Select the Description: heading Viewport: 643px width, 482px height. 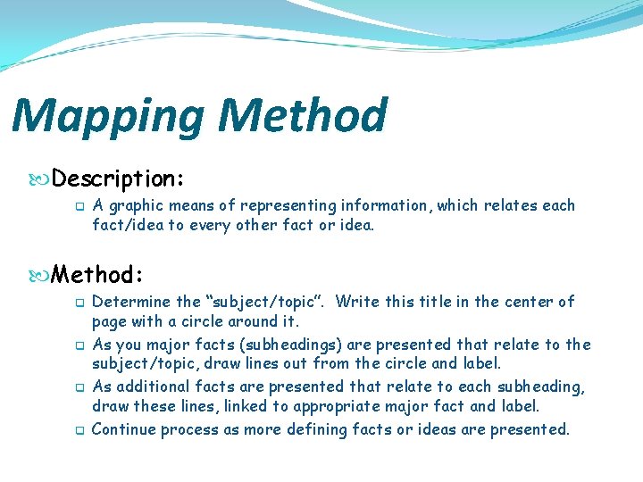click(118, 179)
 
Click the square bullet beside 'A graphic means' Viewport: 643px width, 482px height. click(79, 206)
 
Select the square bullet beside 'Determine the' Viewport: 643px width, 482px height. click(79, 303)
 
